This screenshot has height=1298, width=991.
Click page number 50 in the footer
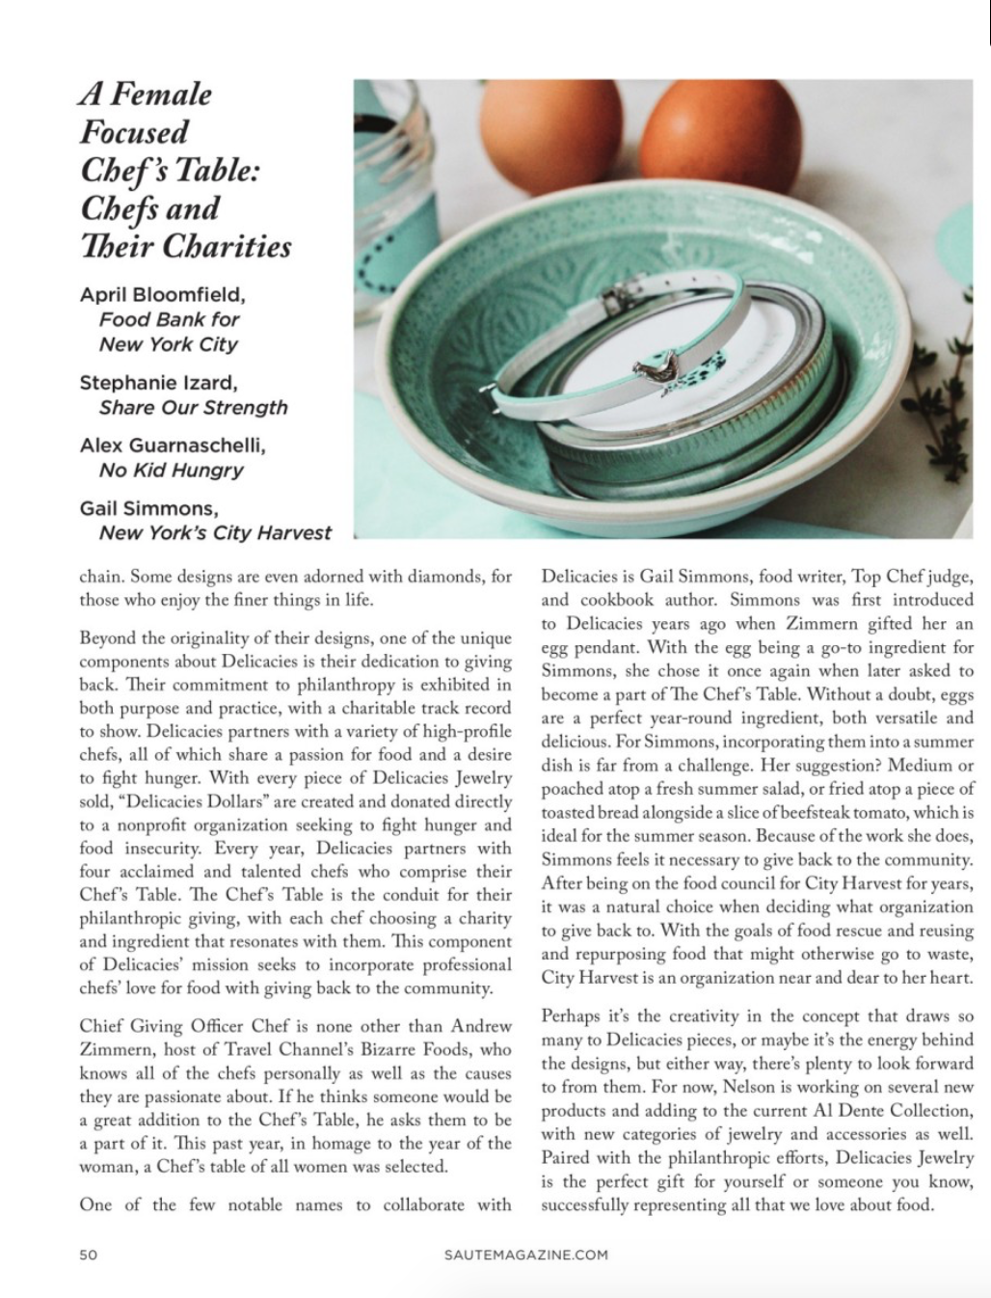[89, 1255]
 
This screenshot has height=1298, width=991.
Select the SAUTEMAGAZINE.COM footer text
[526, 1255]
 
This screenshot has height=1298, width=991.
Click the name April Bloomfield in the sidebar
[162, 294]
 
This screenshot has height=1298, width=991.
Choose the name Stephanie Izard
[158, 382]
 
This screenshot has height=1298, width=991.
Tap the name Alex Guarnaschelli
[173, 445]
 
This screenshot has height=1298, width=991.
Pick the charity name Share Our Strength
[193, 407]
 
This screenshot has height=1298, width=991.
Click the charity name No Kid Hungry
[171, 470]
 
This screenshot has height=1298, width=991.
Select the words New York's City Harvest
[214, 532]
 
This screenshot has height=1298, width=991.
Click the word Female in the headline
[160, 94]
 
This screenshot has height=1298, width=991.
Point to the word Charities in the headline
[226, 246]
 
